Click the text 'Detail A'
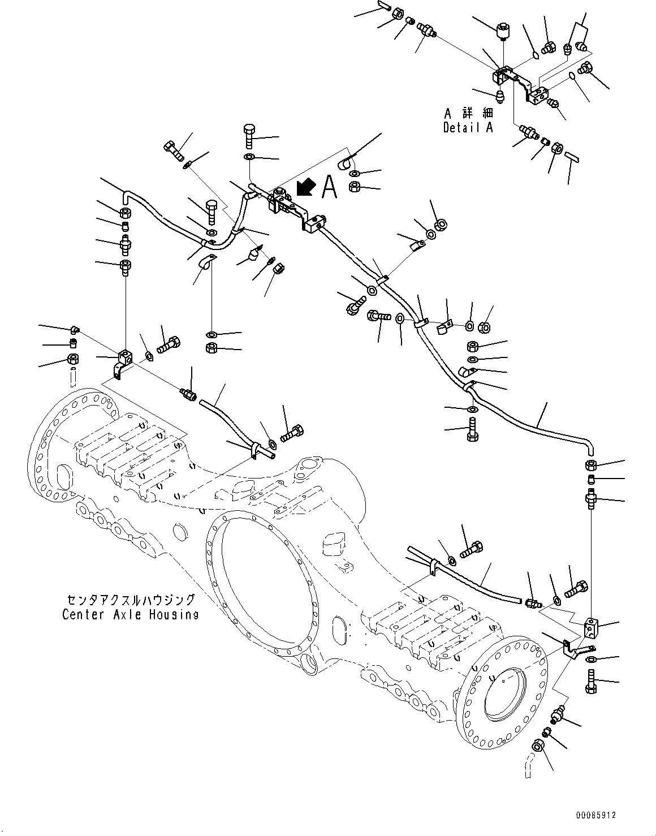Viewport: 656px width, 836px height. [x=468, y=128]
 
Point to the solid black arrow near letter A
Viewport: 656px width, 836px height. [x=305, y=186]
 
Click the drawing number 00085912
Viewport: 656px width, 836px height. [x=596, y=816]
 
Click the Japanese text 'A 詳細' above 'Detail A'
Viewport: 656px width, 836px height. [x=468, y=113]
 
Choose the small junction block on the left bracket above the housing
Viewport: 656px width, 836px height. [x=125, y=357]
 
